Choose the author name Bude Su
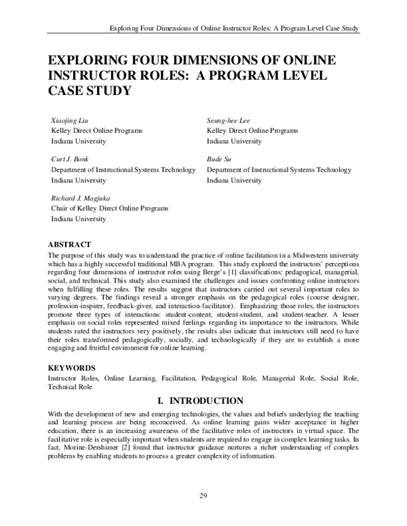tap(220, 159)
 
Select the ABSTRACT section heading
tap(71, 243)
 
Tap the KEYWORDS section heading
tap(73, 365)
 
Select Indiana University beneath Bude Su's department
tap(233, 180)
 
